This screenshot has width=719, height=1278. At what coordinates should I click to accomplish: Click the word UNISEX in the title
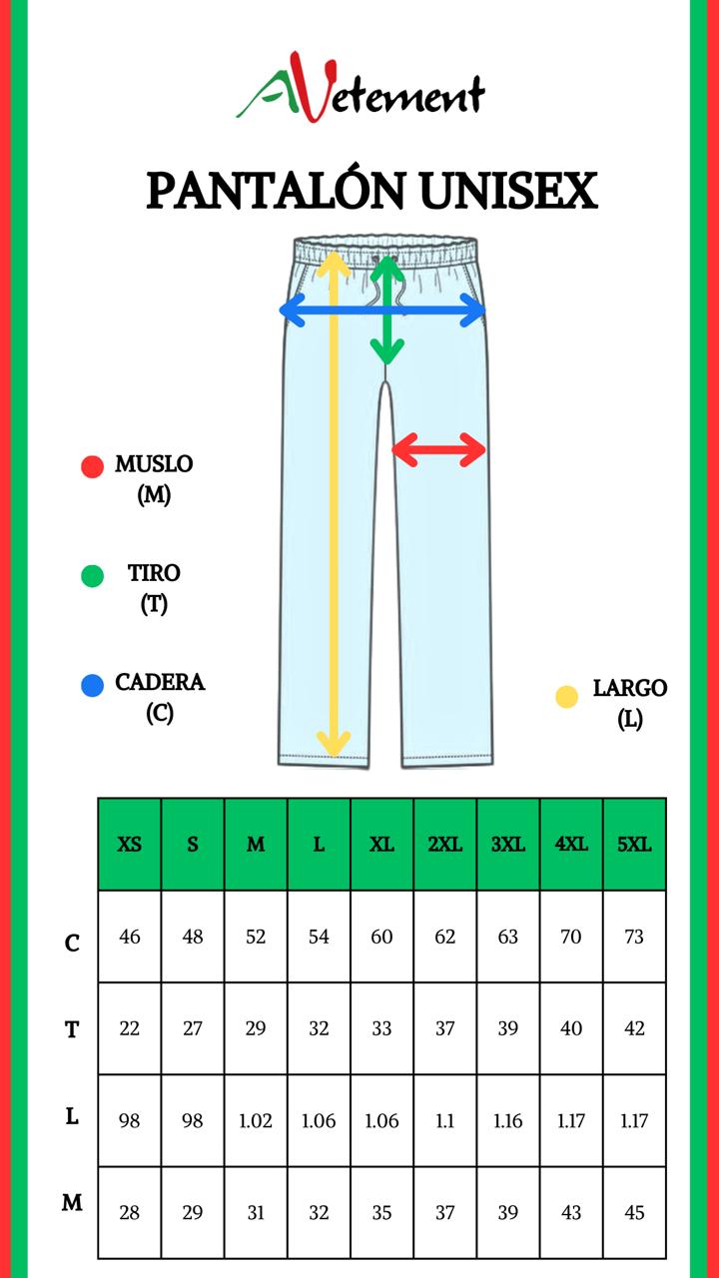(508, 191)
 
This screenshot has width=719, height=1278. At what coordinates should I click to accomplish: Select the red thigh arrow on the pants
(438, 449)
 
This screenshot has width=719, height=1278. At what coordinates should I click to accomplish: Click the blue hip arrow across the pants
(382, 311)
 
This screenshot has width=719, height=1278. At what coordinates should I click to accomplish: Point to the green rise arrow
(386, 311)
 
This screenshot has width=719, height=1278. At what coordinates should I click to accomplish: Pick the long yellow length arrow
(334, 503)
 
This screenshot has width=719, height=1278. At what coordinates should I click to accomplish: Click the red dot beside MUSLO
(92, 466)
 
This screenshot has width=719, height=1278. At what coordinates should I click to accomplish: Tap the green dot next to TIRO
(92, 576)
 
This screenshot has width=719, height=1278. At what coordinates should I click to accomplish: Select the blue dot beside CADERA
(92, 685)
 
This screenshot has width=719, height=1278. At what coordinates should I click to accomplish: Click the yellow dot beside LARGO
(566, 697)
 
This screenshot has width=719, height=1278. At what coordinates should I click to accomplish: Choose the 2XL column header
(445, 845)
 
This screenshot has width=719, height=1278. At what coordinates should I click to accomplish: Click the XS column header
(130, 845)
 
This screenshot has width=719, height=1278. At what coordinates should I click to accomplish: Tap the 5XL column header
(634, 845)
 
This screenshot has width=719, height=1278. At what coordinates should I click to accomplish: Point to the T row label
(72, 1029)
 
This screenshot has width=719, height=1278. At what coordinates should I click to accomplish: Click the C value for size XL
(381, 937)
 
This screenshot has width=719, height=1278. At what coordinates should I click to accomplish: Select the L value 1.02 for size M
(256, 1121)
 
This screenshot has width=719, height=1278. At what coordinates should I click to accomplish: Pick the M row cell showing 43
(571, 1212)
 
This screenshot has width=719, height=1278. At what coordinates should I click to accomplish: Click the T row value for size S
(193, 1028)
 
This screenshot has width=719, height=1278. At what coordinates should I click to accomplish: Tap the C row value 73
(634, 937)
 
